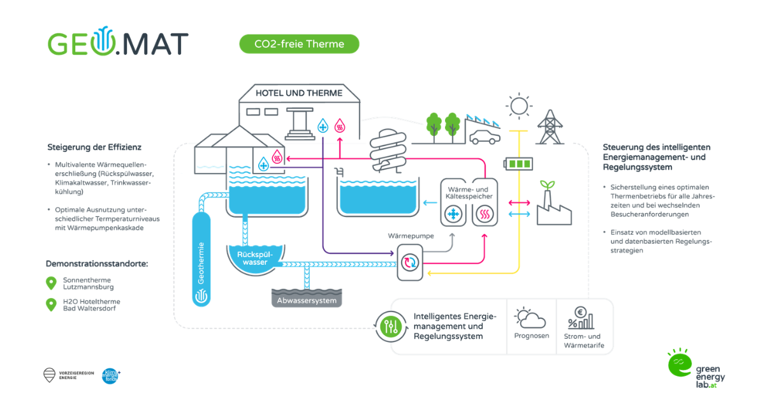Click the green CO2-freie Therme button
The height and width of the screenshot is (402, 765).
pyautogui.click(x=299, y=44)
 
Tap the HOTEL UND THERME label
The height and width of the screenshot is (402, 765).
pyautogui.click(x=299, y=93)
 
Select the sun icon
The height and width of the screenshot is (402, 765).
pyautogui.click(x=518, y=105)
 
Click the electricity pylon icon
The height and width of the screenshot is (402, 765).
pyautogui.click(x=548, y=127)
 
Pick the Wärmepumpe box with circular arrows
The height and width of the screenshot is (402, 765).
pyautogui.click(x=409, y=262)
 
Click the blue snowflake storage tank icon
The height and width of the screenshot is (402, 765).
pyautogui.click(x=455, y=215)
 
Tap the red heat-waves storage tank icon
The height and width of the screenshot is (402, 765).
pyautogui.click(x=485, y=215)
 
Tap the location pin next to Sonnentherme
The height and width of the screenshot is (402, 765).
pyautogui.click(x=51, y=283)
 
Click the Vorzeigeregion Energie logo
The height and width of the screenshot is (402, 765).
pyautogui.click(x=49, y=375)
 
